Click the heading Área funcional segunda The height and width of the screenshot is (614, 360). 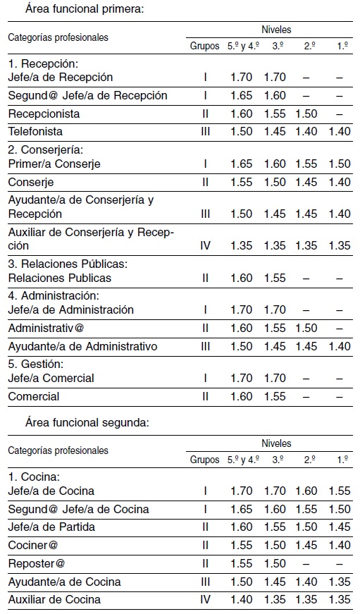click(x=86, y=423)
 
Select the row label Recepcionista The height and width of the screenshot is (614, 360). click(x=44, y=113)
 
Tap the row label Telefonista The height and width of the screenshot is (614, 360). click(x=35, y=132)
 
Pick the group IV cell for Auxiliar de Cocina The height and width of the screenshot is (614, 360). click(x=206, y=600)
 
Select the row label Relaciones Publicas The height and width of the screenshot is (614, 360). click(x=59, y=278)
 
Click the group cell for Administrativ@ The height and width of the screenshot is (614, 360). click(x=206, y=329)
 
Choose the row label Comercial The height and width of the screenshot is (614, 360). click(x=34, y=396)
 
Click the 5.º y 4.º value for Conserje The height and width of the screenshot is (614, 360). click(x=242, y=182)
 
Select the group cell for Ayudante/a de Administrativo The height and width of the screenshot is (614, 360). click(x=206, y=346)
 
